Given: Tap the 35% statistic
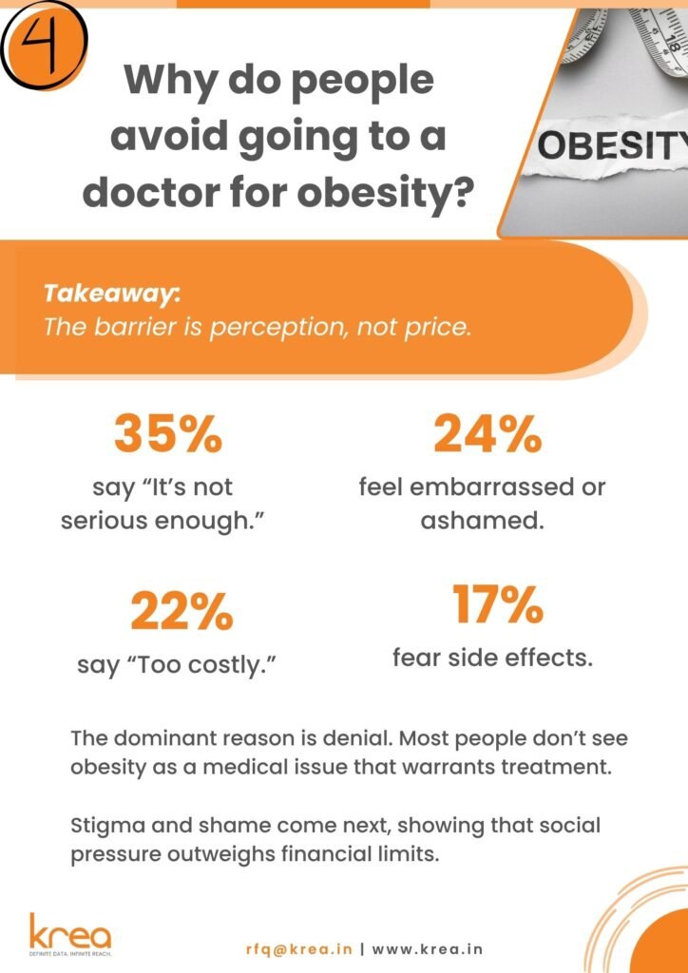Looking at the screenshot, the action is point(167,435).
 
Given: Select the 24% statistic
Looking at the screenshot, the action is point(487,435).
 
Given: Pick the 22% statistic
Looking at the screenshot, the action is point(182,611).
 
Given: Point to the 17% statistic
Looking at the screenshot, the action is point(496,604).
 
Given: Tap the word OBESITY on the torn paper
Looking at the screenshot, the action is point(612,146).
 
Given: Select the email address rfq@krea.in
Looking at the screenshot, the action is point(299,949).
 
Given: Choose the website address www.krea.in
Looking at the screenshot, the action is point(428,949).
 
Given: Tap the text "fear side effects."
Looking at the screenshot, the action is point(492,658).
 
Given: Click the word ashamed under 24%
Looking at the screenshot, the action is point(482,520).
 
